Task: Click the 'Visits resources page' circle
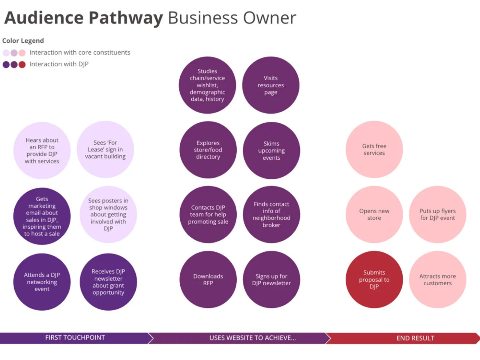[x=271, y=85]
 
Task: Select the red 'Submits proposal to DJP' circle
[x=374, y=280]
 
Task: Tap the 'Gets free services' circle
[x=374, y=149]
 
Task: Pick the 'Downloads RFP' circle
[x=208, y=280]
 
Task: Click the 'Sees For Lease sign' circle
[x=105, y=149]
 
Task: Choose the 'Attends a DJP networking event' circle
[x=42, y=282]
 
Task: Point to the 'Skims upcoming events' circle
[x=271, y=151]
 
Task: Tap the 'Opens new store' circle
[x=374, y=214]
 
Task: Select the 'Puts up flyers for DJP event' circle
[x=437, y=214]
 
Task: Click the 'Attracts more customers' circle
[x=437, y=280]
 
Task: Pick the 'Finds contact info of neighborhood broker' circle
[x=271, y=214]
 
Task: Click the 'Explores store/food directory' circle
[x=208, y=150]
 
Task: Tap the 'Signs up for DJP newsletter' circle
[x=271, y=280]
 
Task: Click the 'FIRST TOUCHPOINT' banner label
[x=75, y=338]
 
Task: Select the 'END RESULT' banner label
[x=415, y=338]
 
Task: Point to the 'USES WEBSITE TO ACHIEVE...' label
[x=253, y=338]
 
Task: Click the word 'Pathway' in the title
[x=126, y=18]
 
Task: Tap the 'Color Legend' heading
[x=23, y=41]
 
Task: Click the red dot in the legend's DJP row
[x=22, y=64]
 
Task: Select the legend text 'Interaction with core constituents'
[x=80, y=52]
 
